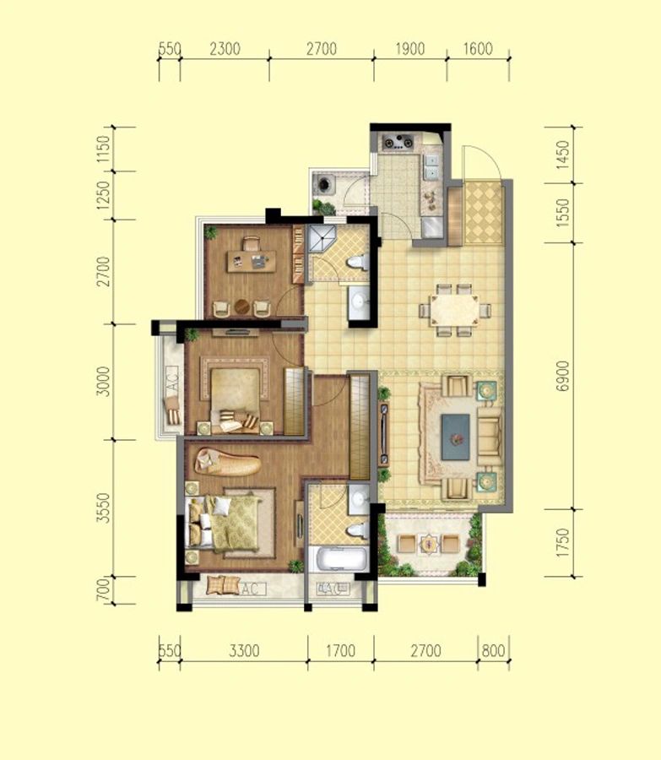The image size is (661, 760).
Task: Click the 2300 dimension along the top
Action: click(225, 49)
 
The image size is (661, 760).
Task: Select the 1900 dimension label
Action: click(410, 49)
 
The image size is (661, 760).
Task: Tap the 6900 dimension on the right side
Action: click(562, 376)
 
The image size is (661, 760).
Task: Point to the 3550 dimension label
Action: click(103, 508)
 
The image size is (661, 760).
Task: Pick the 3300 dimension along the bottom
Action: click(244, 650)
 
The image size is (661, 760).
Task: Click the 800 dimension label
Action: click(493, 650)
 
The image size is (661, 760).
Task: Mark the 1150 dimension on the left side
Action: click(103, 149)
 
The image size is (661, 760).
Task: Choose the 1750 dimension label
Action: click(562, 543)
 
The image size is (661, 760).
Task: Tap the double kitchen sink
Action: click(431, 166)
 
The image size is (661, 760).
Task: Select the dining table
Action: click(454, 310)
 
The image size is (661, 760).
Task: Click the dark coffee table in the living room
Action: click(456, 437)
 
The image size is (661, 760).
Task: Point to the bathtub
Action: click(341, 559)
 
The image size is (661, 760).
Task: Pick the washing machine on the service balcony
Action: click(323, 184)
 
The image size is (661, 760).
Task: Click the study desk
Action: click(252, 261)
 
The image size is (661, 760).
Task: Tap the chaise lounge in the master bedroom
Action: click(227, 462)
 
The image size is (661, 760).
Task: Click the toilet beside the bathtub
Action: click(358, 529)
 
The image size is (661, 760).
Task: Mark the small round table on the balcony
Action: click(429, 544)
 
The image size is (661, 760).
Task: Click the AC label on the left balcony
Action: click(172, 379)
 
